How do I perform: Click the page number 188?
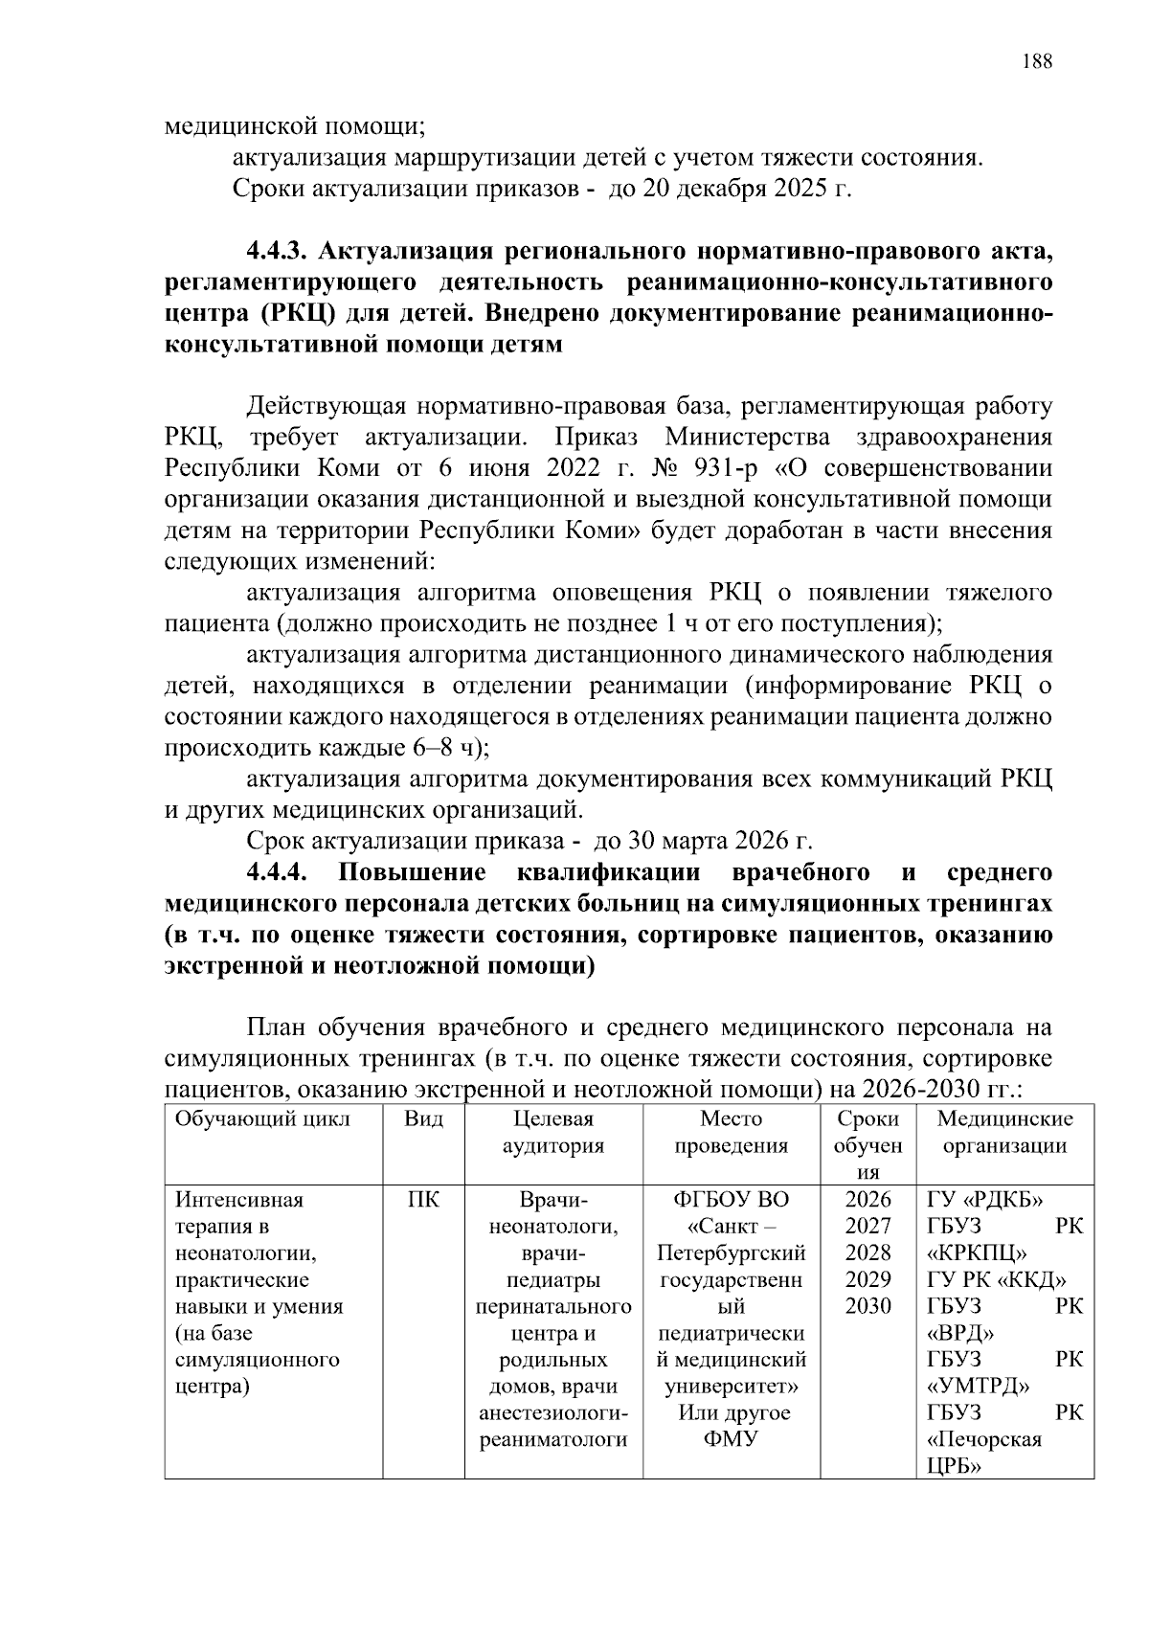(1036, 62)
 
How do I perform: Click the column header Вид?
(423, 1119)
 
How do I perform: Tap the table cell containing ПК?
(423, 1200)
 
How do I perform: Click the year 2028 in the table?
(867, 1253)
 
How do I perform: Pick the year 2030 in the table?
(867, 1307)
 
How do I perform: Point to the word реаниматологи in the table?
(552, 1440)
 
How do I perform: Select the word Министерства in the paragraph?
(747, 438)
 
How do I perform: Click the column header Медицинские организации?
(1004, 1133)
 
